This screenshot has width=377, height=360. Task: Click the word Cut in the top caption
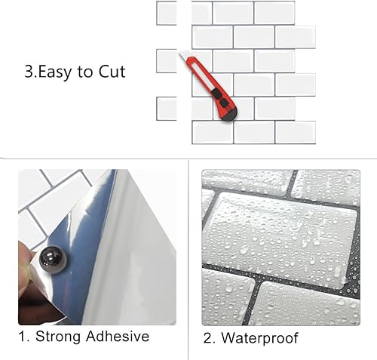(110, 72)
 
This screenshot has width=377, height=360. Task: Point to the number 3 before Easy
(28, 72)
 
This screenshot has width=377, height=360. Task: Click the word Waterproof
(260, 337)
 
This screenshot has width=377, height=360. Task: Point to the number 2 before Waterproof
(209, 337)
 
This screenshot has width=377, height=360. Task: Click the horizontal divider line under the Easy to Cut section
(188, 158)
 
